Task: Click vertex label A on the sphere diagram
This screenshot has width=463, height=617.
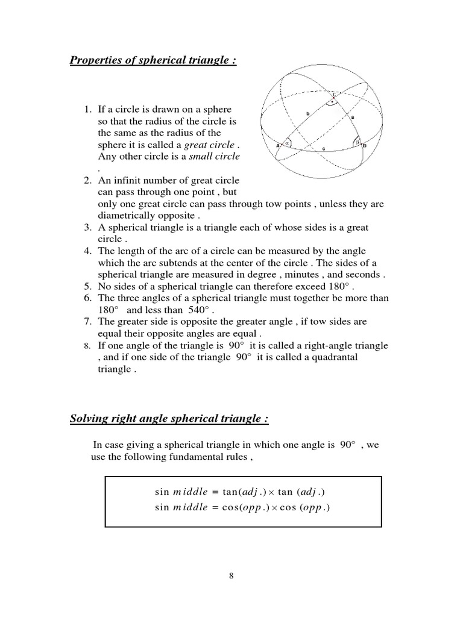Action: [277, 146]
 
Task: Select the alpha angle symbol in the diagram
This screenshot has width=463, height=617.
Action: [286, 143]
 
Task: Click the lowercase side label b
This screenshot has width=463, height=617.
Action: [307, 113]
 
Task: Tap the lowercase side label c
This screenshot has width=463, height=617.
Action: [324, 148]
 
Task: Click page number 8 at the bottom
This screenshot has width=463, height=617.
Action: [231, 575]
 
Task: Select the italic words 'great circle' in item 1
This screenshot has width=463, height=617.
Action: [209, 145]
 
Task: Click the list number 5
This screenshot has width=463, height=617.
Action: [87, 287]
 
